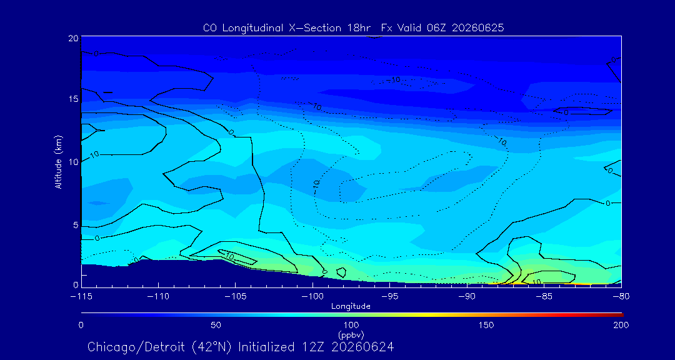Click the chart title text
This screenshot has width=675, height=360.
[x=353, y=28]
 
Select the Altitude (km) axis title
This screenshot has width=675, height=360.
[x=58, y=162]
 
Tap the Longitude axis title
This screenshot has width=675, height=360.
[x=351, y=306]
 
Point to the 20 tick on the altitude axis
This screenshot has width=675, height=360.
[x=73, y=38]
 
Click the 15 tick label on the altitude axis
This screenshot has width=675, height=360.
[x=74, y=99]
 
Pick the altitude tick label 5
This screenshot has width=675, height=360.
[x=76, y=225]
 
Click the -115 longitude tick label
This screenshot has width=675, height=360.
[x=81, y=297]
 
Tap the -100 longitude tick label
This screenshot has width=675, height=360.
[x=312, y=297]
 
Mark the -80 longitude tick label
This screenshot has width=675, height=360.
[x=621, y=297]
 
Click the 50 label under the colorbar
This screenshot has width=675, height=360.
[x=216, y=325]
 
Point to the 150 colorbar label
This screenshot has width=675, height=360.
[x=486, y=325]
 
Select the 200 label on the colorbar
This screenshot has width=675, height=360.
[x=621, y=325]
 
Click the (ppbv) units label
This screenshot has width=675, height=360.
[x=351, y=334]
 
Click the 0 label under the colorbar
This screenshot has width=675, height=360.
[x=81, y=325]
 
